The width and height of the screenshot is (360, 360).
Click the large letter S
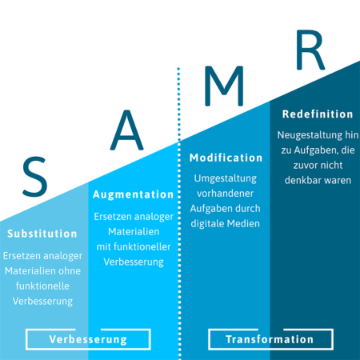pos(34,177)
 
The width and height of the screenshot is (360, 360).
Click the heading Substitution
pos(42,234)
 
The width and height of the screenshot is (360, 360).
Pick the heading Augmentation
pos(133,194)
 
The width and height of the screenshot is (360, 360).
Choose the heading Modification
pos(227,158)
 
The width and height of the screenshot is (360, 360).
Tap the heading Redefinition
pos(318,114)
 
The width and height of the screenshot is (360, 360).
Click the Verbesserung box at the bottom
pos(88,339)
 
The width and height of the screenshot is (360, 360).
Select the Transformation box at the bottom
pos(270,339)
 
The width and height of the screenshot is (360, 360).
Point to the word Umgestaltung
pos(227,178)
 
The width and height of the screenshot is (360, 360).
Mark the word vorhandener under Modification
pos(227,194)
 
